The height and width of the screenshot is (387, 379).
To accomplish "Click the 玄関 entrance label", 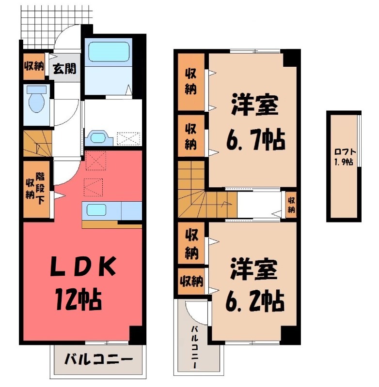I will (64, 69).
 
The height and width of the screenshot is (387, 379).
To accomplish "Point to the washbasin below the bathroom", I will (98, 138).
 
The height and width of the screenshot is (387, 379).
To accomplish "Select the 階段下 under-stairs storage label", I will (42, 188).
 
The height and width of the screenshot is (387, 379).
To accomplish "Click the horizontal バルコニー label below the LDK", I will (99, 359).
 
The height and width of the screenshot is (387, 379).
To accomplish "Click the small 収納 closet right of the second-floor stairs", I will (291, 204).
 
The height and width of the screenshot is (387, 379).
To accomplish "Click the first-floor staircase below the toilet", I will (38, 144).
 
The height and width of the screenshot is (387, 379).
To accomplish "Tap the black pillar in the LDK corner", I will (137, 335).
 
